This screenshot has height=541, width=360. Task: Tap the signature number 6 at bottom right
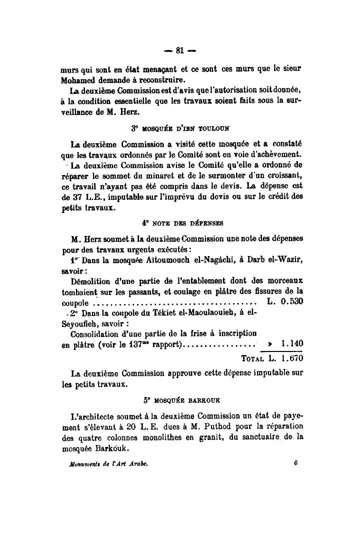[x=296, y=463]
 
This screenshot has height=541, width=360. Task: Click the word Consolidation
[x=96, y=333]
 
